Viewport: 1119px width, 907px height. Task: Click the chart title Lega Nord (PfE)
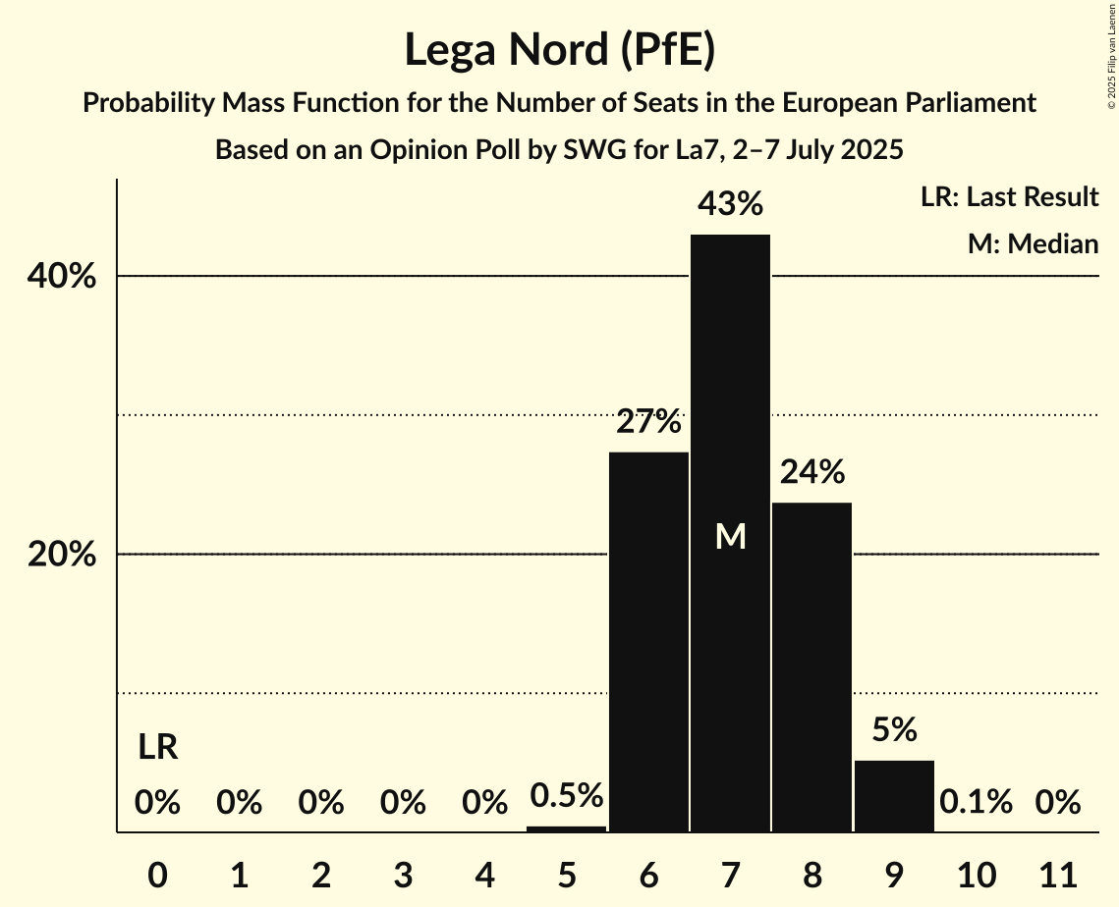(559, 50)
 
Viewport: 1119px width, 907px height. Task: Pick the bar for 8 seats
(811, 667)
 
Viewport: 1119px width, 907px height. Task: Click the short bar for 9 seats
(894, 796)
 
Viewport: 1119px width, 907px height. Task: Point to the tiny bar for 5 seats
(567, 828)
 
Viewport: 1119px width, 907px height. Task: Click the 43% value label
(730, 204)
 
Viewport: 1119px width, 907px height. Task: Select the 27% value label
(648, 422)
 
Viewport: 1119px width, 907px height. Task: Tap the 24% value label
(811, 473)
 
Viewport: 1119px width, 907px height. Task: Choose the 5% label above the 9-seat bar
(894, 729)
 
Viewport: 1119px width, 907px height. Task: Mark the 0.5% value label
(567, 795)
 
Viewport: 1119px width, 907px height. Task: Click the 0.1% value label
(976, 802)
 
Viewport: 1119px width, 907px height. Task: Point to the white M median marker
(730, 536)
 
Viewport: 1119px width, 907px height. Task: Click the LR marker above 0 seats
(157, 748)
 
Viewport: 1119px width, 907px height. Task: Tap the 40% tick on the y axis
(62, 278)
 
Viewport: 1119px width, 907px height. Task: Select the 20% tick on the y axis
(62, 556)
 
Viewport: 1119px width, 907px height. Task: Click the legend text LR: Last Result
(1009, 197)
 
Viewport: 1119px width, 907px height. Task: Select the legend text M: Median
(1033, 243)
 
